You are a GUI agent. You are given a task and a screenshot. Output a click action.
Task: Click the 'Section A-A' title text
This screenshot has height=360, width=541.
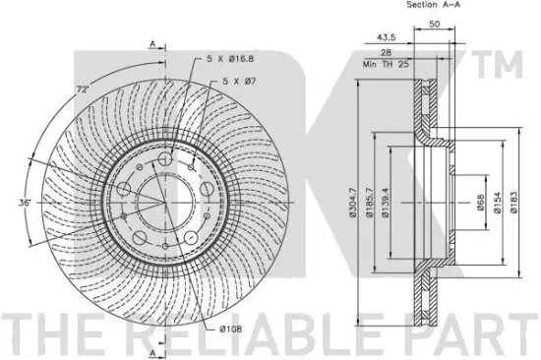pyautogui.click(x=433, y=5)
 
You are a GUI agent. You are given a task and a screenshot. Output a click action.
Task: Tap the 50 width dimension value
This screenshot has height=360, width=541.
pyautogui.click(x=435, y=24)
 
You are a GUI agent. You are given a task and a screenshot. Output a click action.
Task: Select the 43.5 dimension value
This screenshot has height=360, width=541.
pyautogui.click(x=387, y=37)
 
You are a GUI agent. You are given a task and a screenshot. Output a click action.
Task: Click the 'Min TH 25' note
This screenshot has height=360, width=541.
pyautogui.click(x=386, y=64)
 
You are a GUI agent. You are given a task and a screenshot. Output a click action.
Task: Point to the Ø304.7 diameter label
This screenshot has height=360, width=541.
pyautogui.click(x=352, y=203)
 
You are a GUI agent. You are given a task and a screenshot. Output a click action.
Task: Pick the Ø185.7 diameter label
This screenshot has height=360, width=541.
pyautogui.click(x=369, y=203)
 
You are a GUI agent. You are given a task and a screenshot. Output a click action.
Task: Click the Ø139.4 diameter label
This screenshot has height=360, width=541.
pyautogui.click(x=386, y=203)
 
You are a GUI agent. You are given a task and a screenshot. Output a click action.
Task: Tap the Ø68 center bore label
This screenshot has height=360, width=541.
pyautogui.click(x=481, y=203)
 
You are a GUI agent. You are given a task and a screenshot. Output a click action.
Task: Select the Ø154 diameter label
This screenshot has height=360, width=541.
pyautogui.click(x=497, y=203)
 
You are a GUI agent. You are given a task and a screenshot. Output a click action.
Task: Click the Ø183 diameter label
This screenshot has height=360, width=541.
pyautogui.click(x=513, y=203)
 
